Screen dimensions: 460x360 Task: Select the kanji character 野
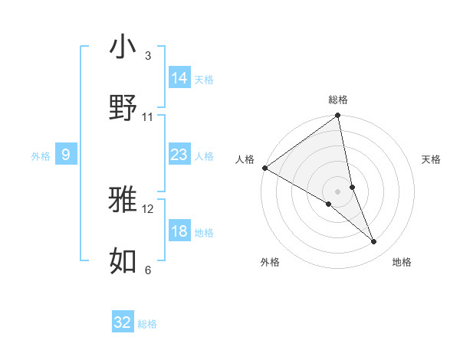tap(123, 108)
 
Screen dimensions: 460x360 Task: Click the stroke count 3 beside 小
tap(147, 55)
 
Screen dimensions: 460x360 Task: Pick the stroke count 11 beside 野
tap(147, 116)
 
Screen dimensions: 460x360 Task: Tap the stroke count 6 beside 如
tap(147, 270)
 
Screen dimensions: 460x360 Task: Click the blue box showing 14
tap(179, 78)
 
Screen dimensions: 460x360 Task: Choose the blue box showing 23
tap(179, 155)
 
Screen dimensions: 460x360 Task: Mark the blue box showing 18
tap(179, 231)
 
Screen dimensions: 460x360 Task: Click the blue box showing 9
tap(66, 155)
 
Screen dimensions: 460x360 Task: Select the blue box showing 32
tap(123, 322)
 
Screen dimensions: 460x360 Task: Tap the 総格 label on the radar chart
tap(338, 100)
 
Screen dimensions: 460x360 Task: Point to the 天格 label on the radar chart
tap(432, 159)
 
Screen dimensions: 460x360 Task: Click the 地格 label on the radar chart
tap(402, 262)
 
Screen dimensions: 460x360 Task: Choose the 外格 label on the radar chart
tap(270, 262)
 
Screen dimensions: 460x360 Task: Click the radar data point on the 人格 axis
tap(264, 168)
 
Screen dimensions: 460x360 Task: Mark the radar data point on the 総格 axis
tap(338, 116)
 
